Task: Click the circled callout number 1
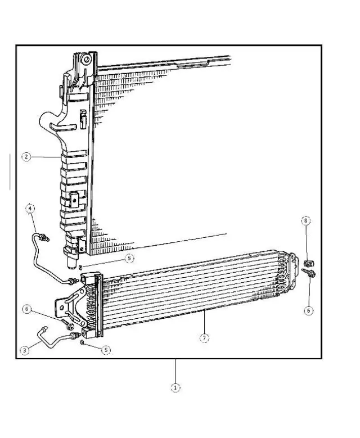coord(175,387)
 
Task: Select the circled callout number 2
coord(26,157)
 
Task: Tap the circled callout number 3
coord(24,350)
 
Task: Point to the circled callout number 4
coord(30,209)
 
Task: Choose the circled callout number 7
coord(204,338)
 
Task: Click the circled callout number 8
coord(306,221)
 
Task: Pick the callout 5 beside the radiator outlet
coord(129,259)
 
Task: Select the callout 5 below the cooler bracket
coord(106,350)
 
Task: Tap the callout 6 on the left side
coord(26,308)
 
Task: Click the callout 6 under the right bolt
coord(308,310)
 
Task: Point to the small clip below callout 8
coord(308,263)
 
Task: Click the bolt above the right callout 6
coord(310,273)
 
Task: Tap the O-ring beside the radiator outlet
coord(81,266)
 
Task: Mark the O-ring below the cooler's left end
coord(83,342)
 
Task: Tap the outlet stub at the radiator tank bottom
coord(72,260)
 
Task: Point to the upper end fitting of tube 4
coord(45,238)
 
